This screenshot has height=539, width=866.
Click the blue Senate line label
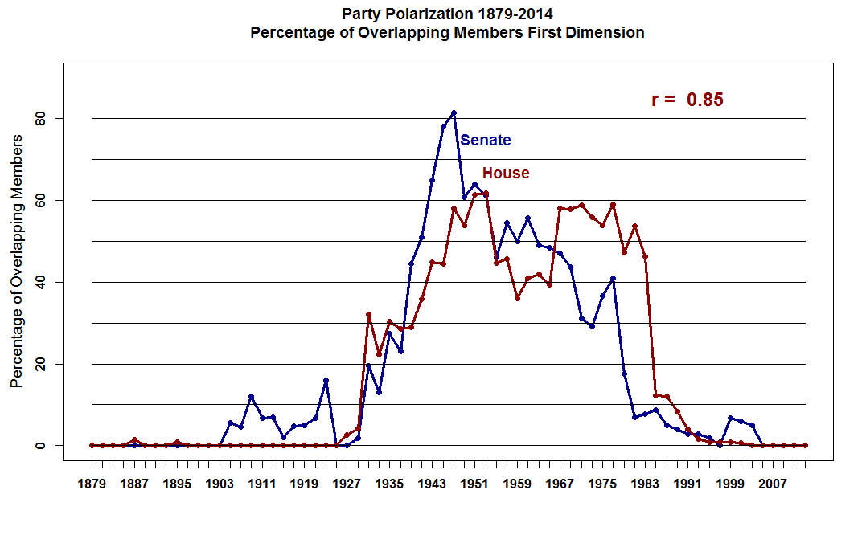(485, 141)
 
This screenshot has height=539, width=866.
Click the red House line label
(506, 174)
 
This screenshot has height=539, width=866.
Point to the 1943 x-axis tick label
(433, 484)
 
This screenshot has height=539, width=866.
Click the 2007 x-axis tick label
(774, 484)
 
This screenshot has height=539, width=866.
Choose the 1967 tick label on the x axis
(560, 484)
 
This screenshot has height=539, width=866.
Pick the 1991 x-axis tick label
(688, 484)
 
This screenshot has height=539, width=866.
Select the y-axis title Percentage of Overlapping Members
(16, 261)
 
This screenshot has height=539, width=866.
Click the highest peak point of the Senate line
(454, 112)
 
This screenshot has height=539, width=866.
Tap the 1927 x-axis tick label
(347, 484)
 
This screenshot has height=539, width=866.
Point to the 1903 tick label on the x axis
(220, 484)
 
